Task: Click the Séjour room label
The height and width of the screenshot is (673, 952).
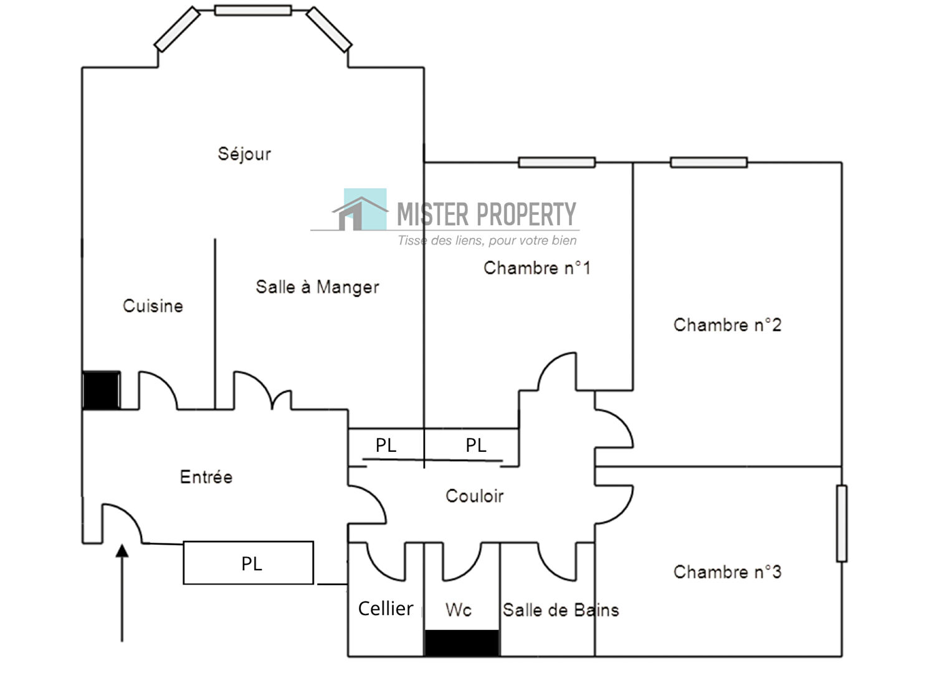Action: [x=244, y=154]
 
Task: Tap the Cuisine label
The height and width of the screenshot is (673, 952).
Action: [x=153, y=306]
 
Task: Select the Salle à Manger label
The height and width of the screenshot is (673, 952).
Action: [x=317, y=287]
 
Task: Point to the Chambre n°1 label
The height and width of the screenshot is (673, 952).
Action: [x=537, y=268]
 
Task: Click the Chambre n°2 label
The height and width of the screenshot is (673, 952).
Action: [x=727, y=325]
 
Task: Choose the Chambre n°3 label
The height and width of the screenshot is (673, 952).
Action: [x=727, y=572]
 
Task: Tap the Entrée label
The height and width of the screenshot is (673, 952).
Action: [x=206, y=477]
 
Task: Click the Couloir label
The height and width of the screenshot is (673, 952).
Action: [x=474, y=496]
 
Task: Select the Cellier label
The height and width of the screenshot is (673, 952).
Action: [x=386, y=608]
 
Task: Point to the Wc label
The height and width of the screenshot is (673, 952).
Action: [x=458, y=610]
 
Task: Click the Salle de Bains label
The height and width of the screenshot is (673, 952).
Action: [x=561, y=610]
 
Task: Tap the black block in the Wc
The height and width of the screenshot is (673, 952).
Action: [x=462, y=643]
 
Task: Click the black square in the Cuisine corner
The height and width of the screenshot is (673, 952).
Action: [x=101, y=390]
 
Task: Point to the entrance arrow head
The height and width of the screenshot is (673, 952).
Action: [x=122, y=551]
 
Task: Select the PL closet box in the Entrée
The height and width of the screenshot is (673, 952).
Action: [x=248, y=563]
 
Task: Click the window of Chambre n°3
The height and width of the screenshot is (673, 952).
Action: [x=842, y=523]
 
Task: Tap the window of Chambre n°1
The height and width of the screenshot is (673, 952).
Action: [x=557, y=163]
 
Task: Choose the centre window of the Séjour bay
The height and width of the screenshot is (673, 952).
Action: [x=253, y=10]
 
